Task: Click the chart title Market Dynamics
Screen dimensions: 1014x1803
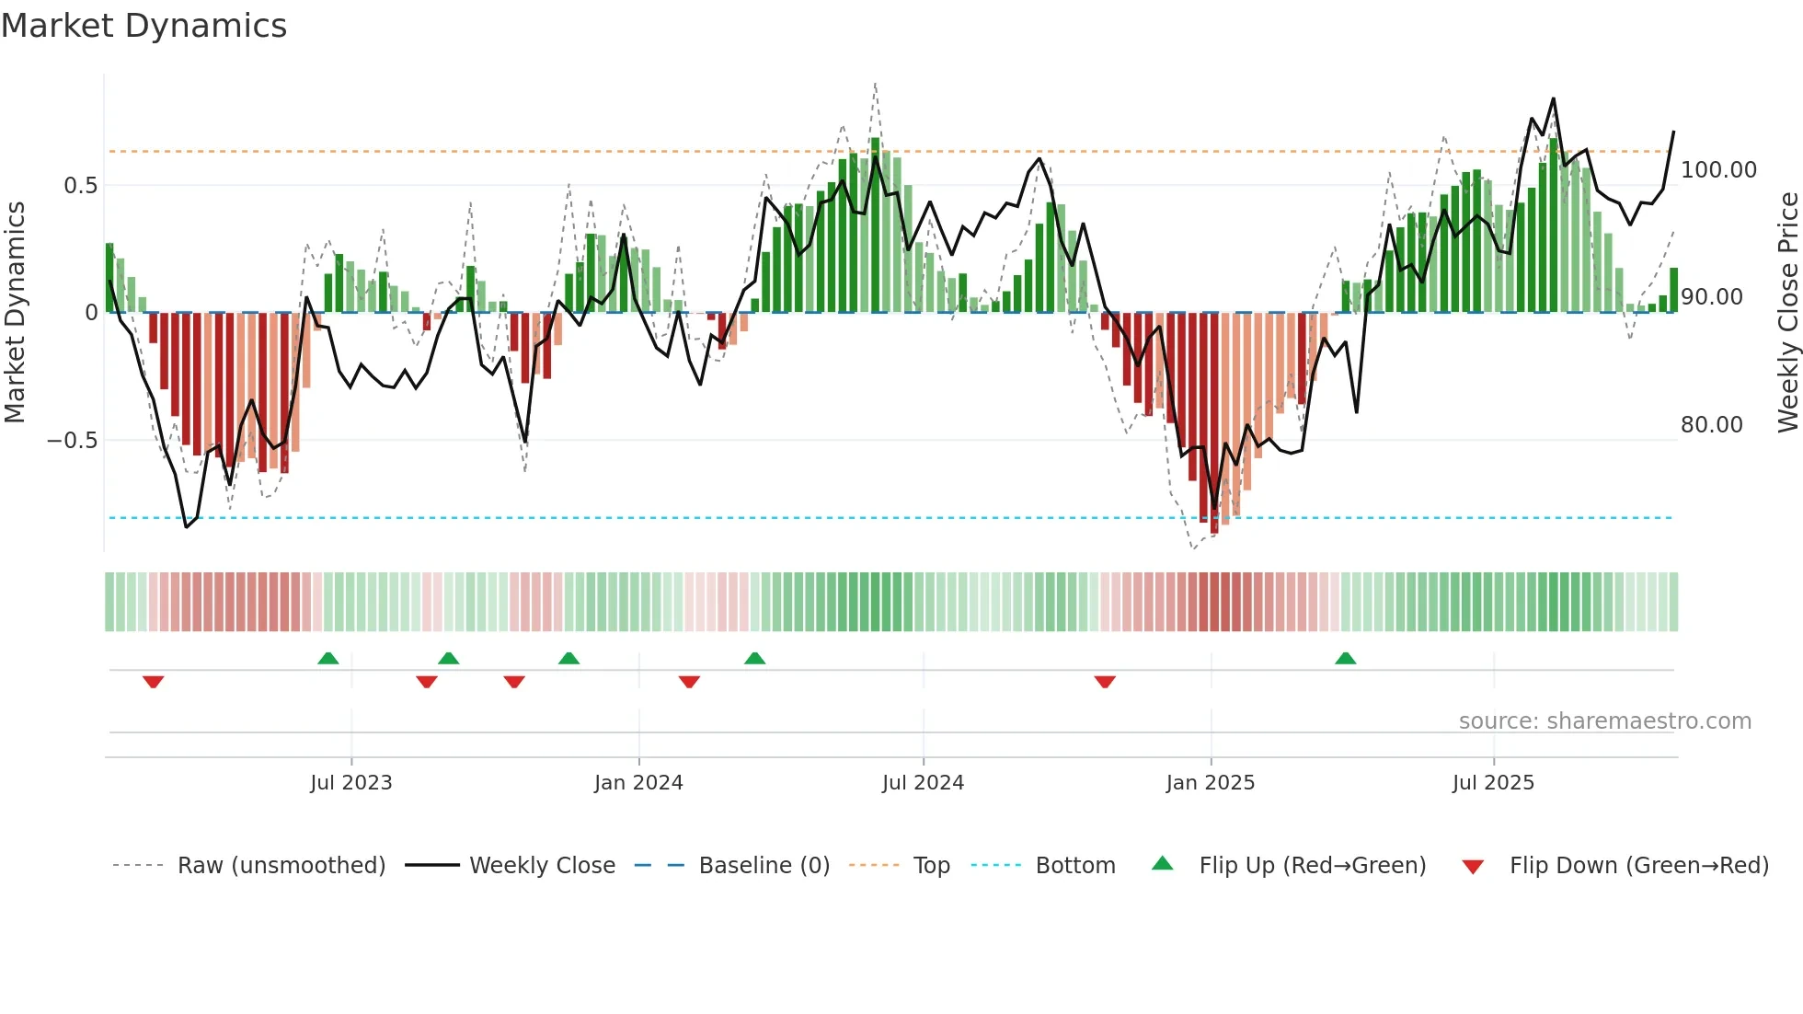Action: (x=144, y=26)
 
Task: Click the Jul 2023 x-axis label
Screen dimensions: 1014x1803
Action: (x=350, y=783)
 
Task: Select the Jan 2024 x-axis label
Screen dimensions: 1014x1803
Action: (x=638, y=783)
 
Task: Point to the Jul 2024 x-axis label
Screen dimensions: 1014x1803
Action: (x=923, y=783)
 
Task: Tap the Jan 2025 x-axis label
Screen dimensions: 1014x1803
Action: (x=1210, y=783)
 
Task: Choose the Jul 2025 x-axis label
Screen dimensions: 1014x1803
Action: (x=1493, y=783)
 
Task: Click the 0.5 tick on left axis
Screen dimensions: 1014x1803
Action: (x=80, y=186)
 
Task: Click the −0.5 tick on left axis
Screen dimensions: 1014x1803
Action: (x=72, y=441)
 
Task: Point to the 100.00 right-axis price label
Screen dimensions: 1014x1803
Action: (x=1718, y=170)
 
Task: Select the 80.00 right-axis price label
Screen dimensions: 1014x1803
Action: (x=1711, y=425)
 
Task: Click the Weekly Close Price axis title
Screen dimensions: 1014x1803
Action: (x=1787, y=313)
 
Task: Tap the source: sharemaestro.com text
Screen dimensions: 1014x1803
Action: (x=1604, y=721)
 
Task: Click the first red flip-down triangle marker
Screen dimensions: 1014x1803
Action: (x=154, y=682)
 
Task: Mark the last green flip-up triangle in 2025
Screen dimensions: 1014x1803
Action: (x=1345, y=658)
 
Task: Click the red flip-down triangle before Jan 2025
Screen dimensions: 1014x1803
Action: (x=1105, y=682)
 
